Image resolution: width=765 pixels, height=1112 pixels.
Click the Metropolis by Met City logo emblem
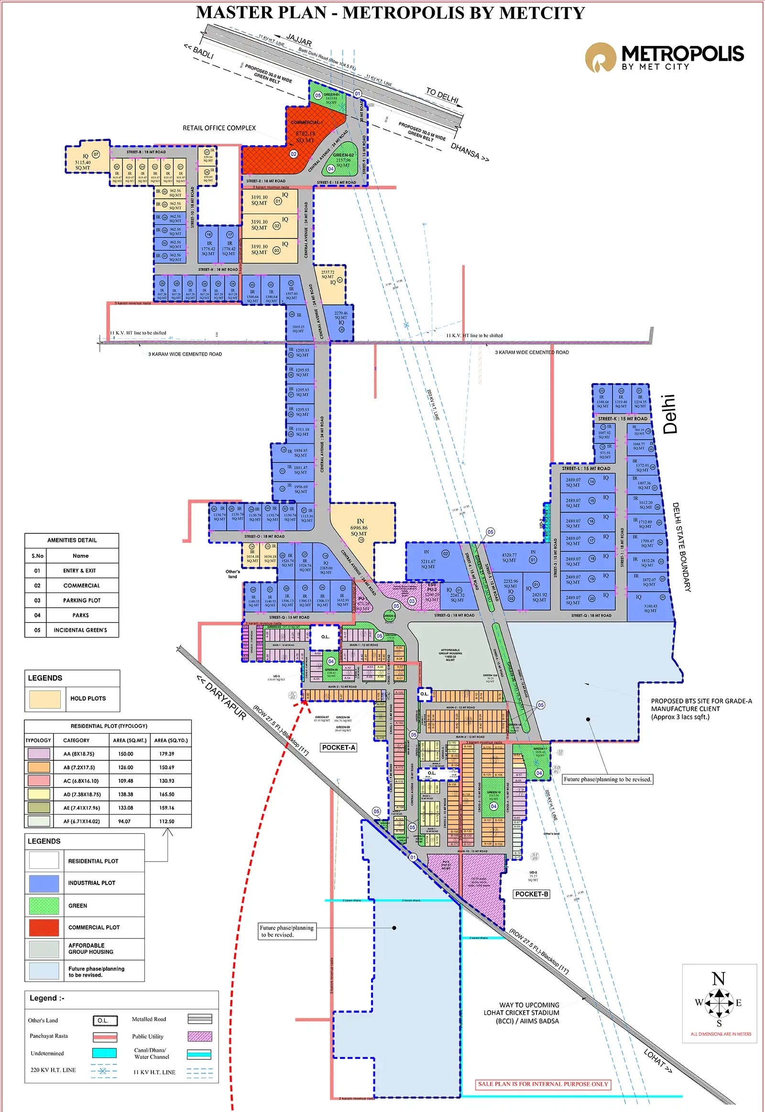coord(600,57)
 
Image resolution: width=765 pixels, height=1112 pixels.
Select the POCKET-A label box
coord(339,747)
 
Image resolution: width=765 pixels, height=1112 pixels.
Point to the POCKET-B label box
coord(531,894)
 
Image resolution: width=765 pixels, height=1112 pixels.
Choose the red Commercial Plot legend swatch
coord(44,927)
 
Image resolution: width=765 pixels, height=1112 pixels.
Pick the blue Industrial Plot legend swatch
coord(44,883)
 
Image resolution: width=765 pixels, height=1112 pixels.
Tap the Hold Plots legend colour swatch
coord(44,699)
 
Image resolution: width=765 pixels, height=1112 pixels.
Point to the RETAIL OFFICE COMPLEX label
coord(219,128)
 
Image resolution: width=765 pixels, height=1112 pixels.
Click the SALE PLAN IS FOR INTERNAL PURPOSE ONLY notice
coord(543,1084)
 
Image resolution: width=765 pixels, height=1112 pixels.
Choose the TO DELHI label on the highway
coord(442,96)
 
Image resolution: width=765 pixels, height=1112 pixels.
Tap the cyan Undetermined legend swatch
coord(104,1053)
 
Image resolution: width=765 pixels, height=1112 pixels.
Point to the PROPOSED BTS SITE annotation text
coord(701,709)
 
